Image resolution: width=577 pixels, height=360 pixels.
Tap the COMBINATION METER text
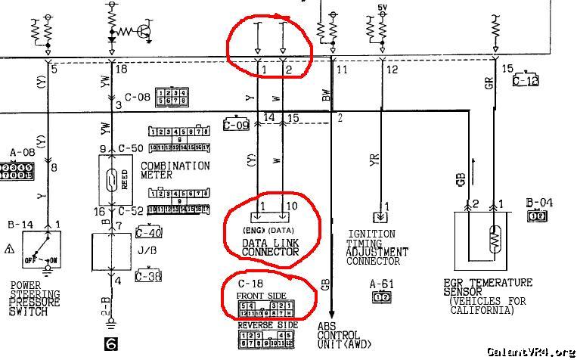175,170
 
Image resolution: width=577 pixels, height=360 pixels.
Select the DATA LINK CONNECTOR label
271,247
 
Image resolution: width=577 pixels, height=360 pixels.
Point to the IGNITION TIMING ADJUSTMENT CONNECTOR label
377,248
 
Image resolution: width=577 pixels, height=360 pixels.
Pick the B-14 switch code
21,225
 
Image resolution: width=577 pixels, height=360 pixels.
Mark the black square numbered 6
111,343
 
